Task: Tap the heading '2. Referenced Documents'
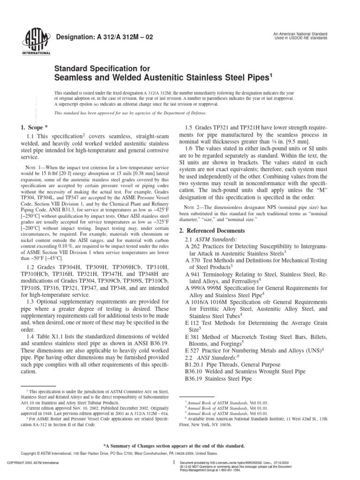[x=212, y=217]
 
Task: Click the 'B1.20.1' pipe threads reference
[x=196, y=348]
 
